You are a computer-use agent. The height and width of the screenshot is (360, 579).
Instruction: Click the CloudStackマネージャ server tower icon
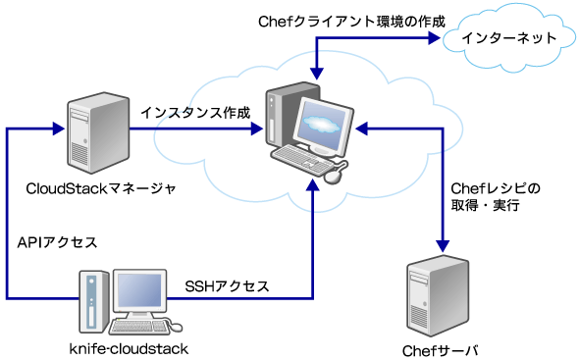coord(98,131)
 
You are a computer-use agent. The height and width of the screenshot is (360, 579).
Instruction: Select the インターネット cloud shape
coord(503,39)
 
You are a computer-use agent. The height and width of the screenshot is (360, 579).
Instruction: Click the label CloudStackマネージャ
coord(101,189)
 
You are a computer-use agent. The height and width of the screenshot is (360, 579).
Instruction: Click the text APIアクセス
coord(56,241)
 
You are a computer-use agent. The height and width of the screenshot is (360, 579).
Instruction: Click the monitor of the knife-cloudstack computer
coord(143,292)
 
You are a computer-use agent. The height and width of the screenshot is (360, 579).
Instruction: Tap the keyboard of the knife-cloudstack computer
coord(144,326)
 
